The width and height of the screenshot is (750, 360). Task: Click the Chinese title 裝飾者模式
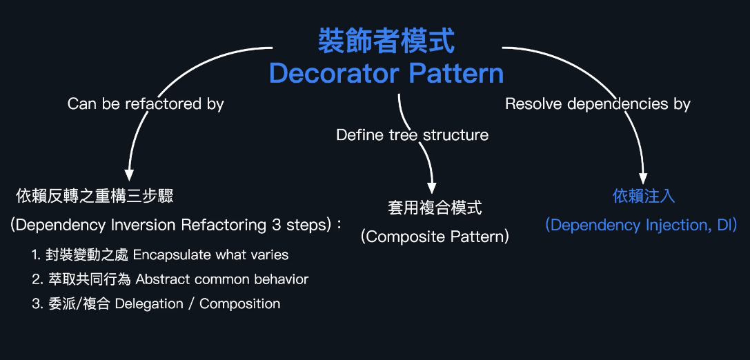pyautogui.click(x=386, y=41)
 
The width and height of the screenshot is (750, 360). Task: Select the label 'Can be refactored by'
pyautogui.click(x=146, y=104)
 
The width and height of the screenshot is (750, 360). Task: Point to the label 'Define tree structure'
pyautogui.click(x=412, y=135)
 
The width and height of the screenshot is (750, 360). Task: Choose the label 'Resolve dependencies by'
pyautogui.click(x=598, y=104)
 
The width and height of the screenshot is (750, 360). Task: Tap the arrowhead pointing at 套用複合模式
pyautogui.click(x=433, y=186)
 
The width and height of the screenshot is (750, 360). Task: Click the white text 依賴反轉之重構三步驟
pyautogui.click(x=95, y=196)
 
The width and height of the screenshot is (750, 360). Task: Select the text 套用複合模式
pyautogui.click(x=435, y=208)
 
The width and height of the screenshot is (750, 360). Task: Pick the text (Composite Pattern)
pyautogui.click(x=435, y=237)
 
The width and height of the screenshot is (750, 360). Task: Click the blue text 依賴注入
pyautogui.click(x=643, y=196)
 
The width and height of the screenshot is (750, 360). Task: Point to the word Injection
pyautogui.click(x=675, y=225)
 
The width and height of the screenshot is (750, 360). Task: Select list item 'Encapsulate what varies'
pyautogui.click(x=210, y=254)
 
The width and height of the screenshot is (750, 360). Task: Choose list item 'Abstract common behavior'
pyautogui.click(x=221, y=279)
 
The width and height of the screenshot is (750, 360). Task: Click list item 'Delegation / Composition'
pyautogui.click(x=197, y=303)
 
